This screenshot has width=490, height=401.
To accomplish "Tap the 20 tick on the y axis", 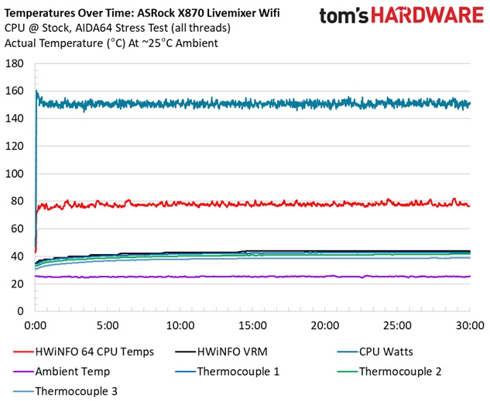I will [16, 284].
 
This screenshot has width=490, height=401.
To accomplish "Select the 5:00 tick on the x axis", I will [108, 325].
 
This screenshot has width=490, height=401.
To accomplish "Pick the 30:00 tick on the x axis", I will [470, 325].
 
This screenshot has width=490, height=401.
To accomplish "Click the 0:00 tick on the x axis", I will [36, 325].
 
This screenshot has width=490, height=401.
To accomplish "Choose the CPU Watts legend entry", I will [386, 352].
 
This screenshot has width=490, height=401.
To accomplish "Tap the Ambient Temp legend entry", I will [73, 371].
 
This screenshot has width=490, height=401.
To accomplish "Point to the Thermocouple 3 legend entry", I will [77, 391].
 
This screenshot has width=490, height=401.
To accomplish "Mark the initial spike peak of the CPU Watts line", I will [36, 91].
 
